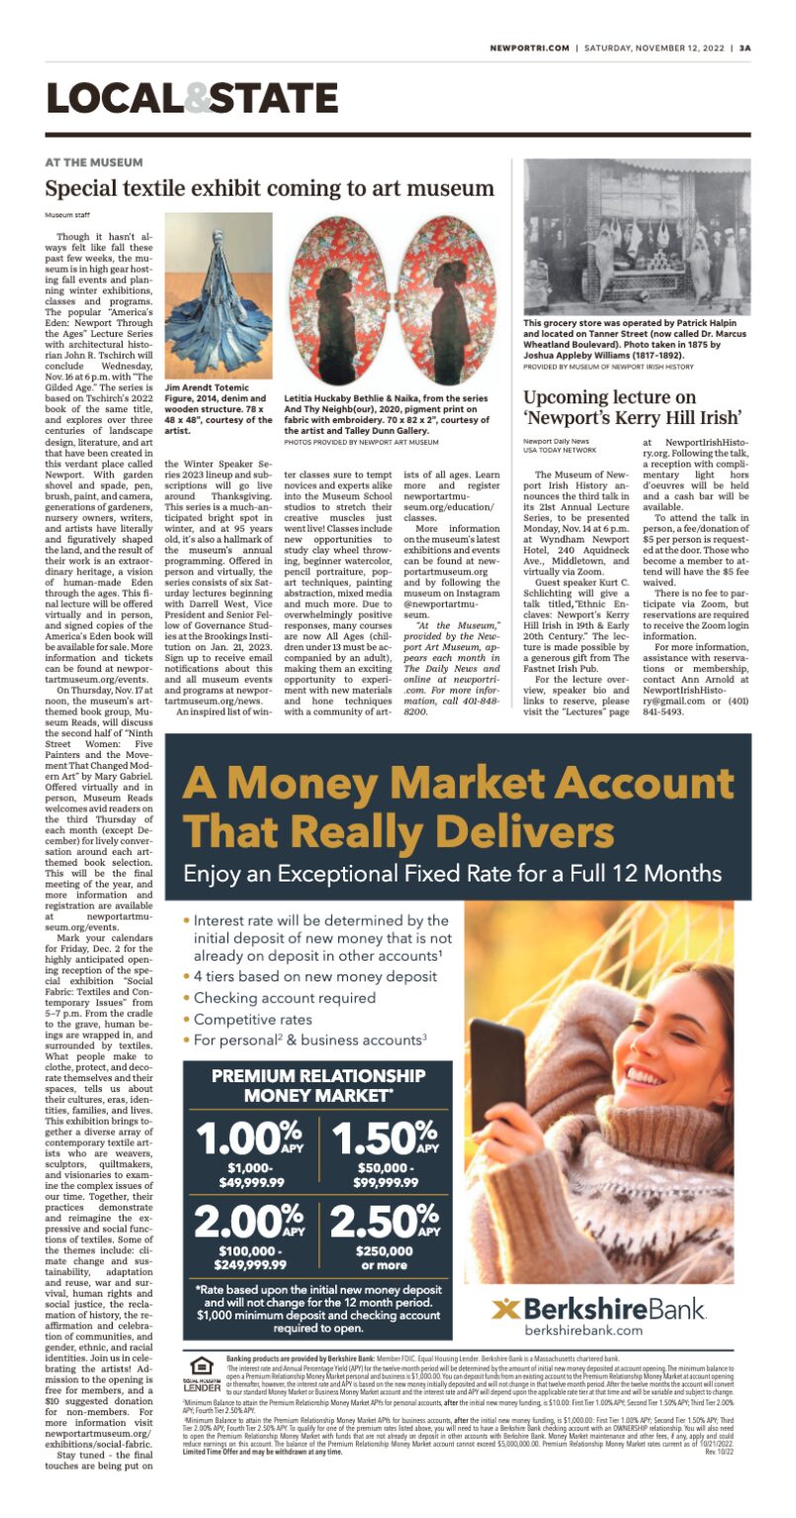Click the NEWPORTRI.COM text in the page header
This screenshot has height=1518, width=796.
point(531,46)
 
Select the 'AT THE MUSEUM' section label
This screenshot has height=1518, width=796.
point(94,162)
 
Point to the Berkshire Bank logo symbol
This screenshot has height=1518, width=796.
point(506,1309)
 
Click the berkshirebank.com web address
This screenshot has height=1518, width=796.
point(598,1331)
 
